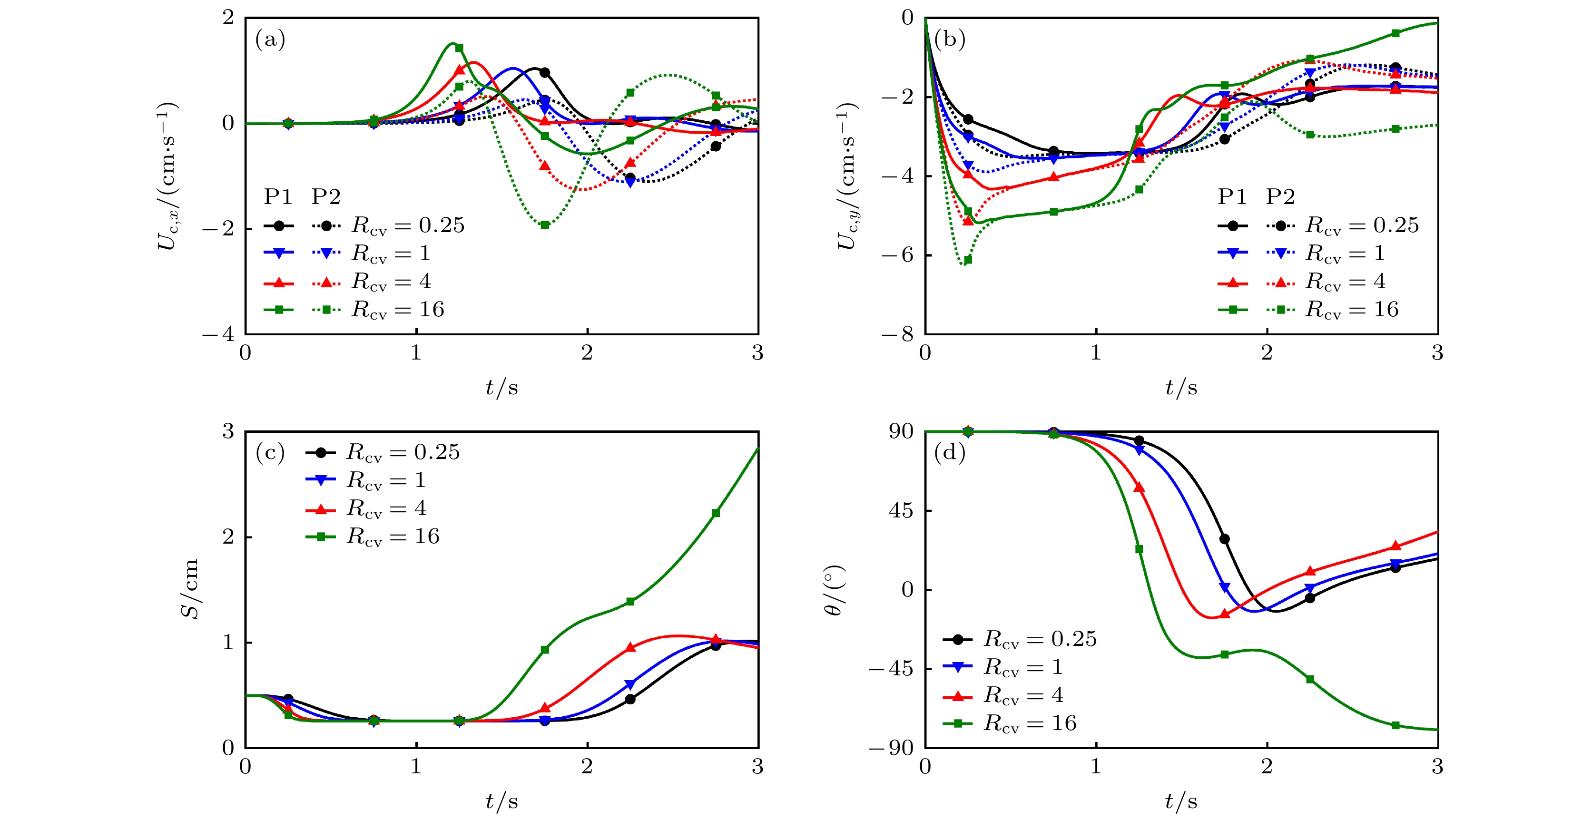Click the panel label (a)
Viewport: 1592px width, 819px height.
(x=270, y=40)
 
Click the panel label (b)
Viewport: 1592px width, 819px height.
(x=950, y=40)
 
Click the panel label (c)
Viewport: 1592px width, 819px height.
(x=270, y=453)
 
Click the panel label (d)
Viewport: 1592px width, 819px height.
(x=950, y=453)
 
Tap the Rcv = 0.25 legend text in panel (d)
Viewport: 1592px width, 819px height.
(x=1040, y=639)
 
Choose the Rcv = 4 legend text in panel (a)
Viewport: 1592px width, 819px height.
(x=391, y=282)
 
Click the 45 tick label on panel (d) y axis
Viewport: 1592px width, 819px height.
(x=901, y=511)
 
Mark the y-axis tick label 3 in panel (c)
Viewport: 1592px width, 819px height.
(x=229, y=431)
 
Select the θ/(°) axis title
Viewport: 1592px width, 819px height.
(x=835, y=590)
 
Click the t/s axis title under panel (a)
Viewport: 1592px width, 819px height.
(x=501, y=388)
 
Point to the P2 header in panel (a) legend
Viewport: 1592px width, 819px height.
(x=326, y=197)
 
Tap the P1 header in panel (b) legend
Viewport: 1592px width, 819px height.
(x=1232, y=197)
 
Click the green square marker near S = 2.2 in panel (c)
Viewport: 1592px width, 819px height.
(x=716, y=513)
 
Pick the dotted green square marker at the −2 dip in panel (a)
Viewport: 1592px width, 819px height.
(x=545, y=225)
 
